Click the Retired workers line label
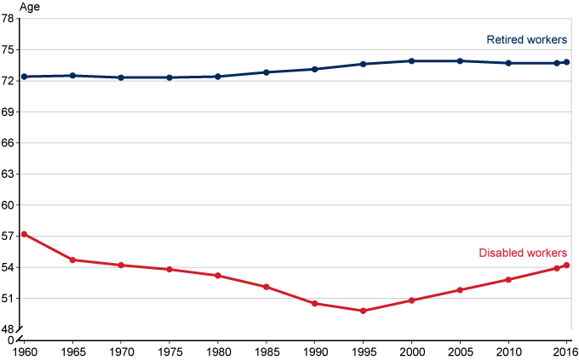tap(527, 39)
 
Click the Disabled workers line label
tap(523, 253)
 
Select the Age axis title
tap(17, 7)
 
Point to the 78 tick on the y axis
tap(9, 19)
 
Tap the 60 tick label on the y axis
tap(9, 205)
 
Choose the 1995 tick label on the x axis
tap(364, 351)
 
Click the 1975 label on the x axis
tap(169, 351)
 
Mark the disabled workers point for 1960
tap(24, 233)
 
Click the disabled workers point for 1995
tap(364, 311)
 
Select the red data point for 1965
tap(72, 260)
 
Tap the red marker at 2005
tap(461, 290)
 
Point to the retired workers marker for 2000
tap(412, 61)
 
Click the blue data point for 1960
tap(24, 77)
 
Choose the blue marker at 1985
tap(267, 72)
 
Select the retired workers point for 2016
tap(566, 62)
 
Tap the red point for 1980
tap(218, 276)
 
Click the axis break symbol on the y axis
tap(24, 329)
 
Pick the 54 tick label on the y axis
tap(9, 267)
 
